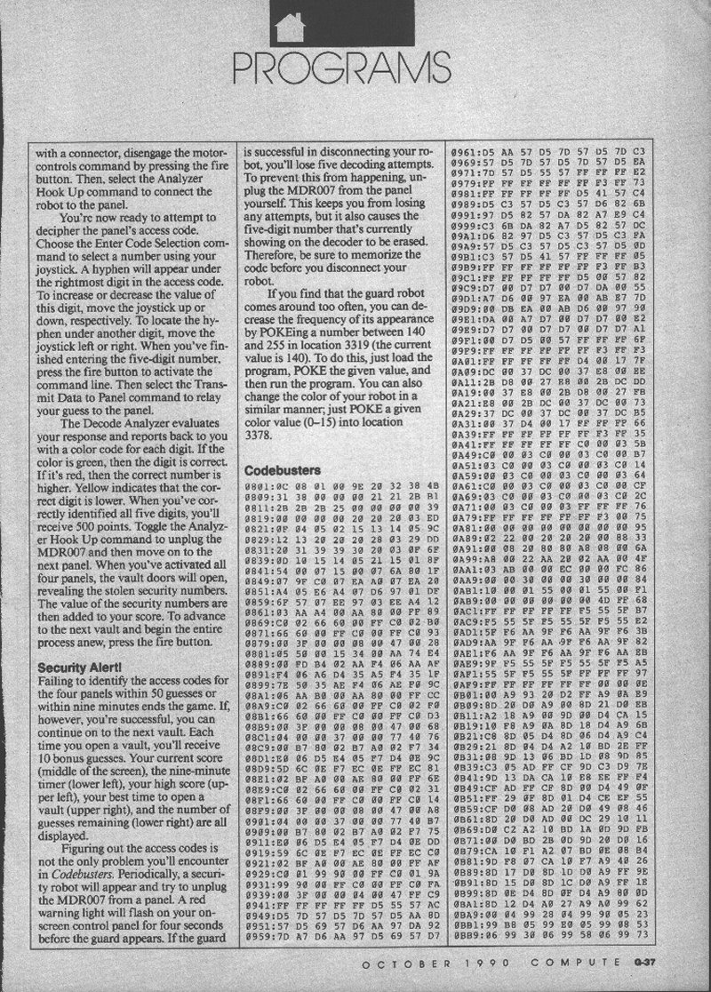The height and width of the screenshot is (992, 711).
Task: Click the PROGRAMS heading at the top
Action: (355, 64)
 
